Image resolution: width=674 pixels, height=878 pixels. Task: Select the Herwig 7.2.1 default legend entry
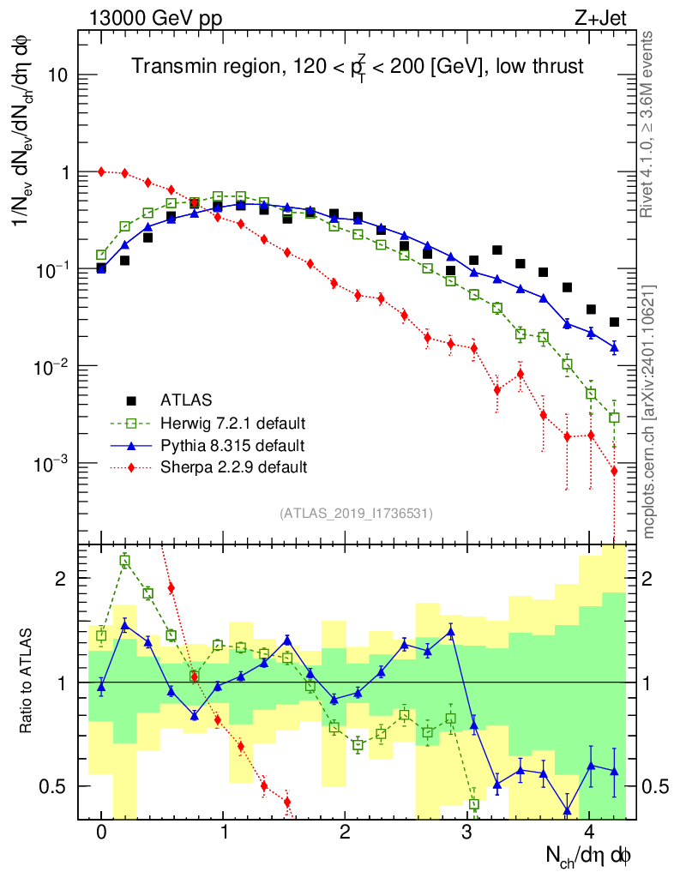coord(232,423)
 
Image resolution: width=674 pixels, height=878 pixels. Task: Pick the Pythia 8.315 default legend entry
coord(232,445)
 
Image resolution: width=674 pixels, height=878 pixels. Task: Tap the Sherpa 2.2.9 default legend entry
coord(232,467)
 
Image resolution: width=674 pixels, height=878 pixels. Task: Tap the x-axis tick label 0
coord(101,833)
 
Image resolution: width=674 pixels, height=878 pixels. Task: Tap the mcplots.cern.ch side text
coord(649,412)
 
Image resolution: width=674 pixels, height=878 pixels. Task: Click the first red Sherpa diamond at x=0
coord(101,171)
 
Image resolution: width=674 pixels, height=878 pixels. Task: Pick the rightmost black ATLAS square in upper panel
coord(614,322)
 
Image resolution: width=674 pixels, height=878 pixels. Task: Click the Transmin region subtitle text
coord(357,67)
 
